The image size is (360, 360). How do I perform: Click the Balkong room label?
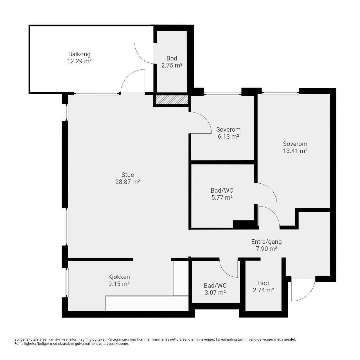(x=79, y=54)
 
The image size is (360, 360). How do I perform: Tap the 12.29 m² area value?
(x=79, y=61)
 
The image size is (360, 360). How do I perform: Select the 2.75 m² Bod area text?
(x=172, y=65)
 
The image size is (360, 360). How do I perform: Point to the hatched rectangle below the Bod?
(x=172, y=100)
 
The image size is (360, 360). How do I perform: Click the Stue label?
(x=128, y=175)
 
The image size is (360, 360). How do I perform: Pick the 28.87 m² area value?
(x=128, y=182)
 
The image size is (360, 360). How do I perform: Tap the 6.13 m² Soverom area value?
(x=228, y=136)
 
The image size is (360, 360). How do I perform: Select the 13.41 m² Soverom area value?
(x=295, y=151)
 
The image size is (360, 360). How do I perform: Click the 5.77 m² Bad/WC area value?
(x=222, y=197)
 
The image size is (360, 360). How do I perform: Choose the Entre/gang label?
(x=266, y=242)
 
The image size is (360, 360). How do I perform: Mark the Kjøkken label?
(x=119, y=277)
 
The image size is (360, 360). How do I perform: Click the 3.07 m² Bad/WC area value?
(x=215, y=292)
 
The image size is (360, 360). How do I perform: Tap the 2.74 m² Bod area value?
(x=264, y=290)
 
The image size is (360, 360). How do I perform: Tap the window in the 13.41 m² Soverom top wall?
(x=280, y=92)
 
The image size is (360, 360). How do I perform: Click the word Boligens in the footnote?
(x=21, y=339)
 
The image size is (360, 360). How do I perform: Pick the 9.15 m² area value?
(x=119, y=284)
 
